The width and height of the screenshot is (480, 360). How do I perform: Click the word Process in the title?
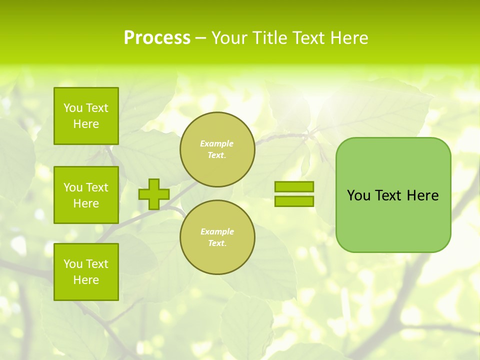pos(157,38)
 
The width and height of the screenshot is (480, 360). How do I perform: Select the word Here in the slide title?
pos(348,38)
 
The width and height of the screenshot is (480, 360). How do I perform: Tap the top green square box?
pos(86,116)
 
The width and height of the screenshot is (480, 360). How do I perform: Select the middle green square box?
pos(86,195)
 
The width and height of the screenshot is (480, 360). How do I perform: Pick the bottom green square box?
pos(86,272)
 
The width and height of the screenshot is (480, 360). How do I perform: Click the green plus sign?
pos(154,194)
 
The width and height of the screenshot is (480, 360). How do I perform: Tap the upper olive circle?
pos(217,149)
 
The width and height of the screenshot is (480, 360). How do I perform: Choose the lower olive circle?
pos(217,237)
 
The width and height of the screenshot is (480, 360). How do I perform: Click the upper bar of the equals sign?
pos(294,186)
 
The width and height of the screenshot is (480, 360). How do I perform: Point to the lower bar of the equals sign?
pos(294,201)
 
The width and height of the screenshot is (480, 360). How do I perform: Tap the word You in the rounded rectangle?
pos(358,195)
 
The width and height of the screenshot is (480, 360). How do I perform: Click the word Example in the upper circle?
pos(216,143)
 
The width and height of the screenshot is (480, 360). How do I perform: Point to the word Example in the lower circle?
pos(216,231)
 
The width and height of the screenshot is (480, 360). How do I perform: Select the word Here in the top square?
pos(86,124)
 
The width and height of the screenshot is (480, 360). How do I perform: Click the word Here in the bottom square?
pos(86,280)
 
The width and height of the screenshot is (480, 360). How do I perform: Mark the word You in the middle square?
pos(72,187)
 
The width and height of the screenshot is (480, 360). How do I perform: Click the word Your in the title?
pos(229,38)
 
